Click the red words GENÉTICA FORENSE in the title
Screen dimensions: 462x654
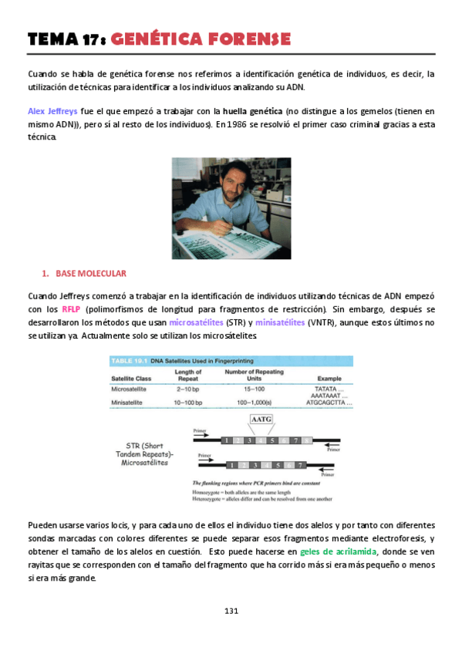pos(201,39)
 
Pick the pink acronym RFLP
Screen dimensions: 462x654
pos(72,310)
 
